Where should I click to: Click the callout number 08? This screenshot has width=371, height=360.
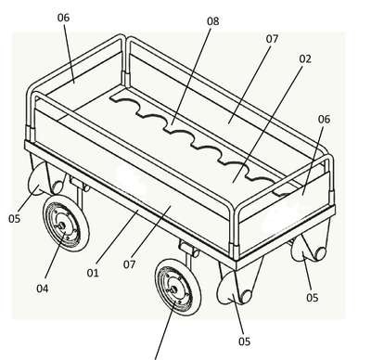click(x=212, y=21)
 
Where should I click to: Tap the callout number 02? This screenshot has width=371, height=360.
click(x=305, y=59)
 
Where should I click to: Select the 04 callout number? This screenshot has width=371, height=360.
click(x=43, y=289)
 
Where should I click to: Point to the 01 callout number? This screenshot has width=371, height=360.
click(x=93, y=273)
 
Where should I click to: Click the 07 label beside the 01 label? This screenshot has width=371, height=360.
click(x=129, y=264)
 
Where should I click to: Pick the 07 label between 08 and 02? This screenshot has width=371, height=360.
click(x=272, y=39)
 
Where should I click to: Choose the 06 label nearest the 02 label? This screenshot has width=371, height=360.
click(x=324, y=119)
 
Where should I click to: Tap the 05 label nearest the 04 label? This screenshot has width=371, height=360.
click(x=14, y=219)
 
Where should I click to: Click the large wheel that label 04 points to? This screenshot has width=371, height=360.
click(x=66, y=224)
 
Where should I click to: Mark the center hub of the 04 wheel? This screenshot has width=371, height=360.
click(x=62, y=225)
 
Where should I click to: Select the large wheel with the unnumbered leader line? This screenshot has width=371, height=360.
click(x=178, y=287)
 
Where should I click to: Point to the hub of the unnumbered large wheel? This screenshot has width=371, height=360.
click(x=173, y=289)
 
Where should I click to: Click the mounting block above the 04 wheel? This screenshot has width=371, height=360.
click(x=80, y=184)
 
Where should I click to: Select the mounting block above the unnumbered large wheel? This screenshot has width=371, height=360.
click(x=189, y=249)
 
